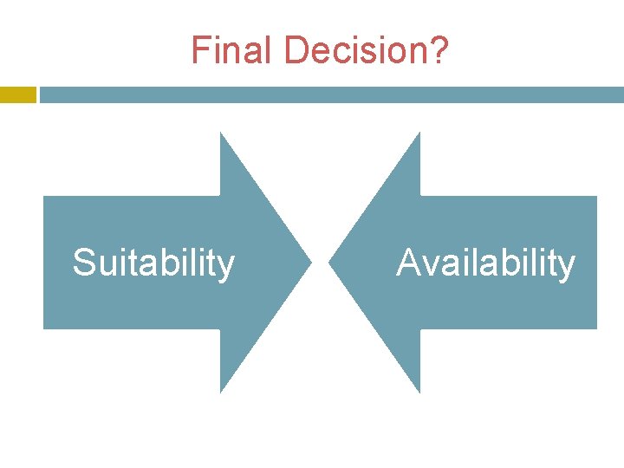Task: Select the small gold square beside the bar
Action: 17,94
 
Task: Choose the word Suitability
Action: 153,263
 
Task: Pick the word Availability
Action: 485,263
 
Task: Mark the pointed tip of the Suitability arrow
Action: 309,262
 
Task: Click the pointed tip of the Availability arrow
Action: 330,262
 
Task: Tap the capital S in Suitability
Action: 84,263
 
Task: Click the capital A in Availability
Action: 408,263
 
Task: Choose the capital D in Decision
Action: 296,50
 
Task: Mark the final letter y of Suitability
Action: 226,266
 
